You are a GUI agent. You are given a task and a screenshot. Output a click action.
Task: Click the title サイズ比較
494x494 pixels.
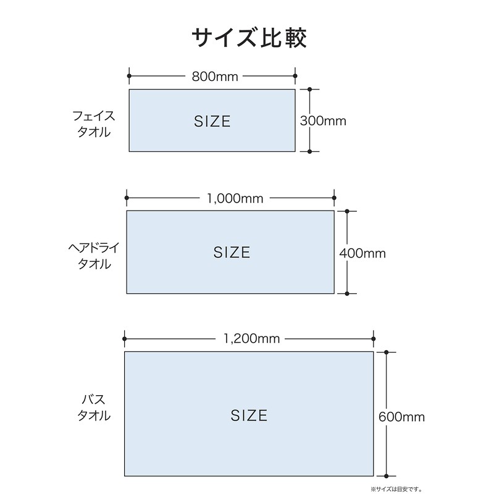click(249, 38)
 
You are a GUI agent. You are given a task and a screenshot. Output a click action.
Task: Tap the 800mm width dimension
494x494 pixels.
click(215, 77)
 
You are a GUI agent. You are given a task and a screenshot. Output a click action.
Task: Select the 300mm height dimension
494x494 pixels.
click(323, 121)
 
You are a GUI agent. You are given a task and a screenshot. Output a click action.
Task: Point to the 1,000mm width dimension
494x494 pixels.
click(235, 198)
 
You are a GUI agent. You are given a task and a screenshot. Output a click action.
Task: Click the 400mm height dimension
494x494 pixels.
click(362, 253)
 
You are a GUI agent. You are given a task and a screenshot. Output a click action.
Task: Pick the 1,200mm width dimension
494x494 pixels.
click(251, 339)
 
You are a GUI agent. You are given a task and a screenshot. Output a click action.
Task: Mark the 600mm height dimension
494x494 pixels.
click(401, 417)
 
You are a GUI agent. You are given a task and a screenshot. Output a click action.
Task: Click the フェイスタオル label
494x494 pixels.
click(94, 124)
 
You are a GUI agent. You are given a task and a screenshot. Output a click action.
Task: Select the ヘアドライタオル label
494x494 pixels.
click(94, 256)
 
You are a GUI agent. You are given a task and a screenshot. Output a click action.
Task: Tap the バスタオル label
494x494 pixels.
click(94, 408)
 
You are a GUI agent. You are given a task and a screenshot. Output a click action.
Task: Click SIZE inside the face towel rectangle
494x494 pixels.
click(212, 122)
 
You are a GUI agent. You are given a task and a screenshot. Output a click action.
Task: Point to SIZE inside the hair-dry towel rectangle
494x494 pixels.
click(232, 253)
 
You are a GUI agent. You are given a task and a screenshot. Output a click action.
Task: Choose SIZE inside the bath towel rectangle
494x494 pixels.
click(249, 416)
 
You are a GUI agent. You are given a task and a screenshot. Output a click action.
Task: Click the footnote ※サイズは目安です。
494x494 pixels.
click(396, 490)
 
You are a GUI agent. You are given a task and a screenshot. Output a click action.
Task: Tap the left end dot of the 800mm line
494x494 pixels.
click(129, 76)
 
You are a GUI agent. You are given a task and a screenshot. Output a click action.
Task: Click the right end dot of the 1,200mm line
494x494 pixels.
click(374, 339)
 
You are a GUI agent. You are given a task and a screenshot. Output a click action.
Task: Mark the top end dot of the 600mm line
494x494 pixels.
click(386, 352)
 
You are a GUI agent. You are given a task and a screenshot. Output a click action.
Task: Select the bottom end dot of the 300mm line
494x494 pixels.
click(310, 151)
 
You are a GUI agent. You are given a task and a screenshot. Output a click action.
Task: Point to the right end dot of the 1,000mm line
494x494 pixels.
click(334, 198)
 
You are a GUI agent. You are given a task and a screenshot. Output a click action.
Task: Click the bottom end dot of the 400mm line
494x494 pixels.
click(347, 294)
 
